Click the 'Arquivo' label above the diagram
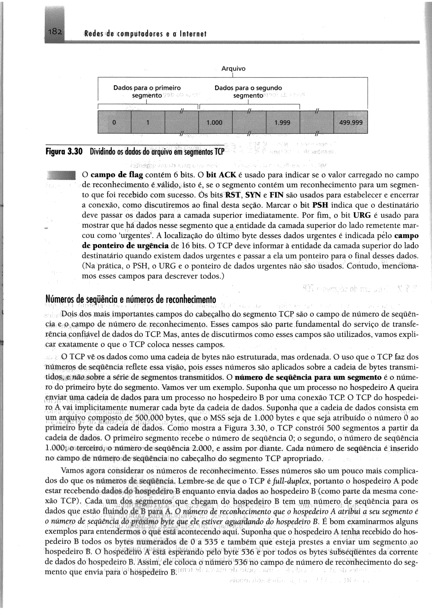coord(233,69)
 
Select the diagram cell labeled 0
coord(114,122)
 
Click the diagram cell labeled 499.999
coord(351,122)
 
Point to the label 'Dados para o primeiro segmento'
coord(147,91)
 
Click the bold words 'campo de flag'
coord(117,175)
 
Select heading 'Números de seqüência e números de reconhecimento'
coord(131,300)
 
